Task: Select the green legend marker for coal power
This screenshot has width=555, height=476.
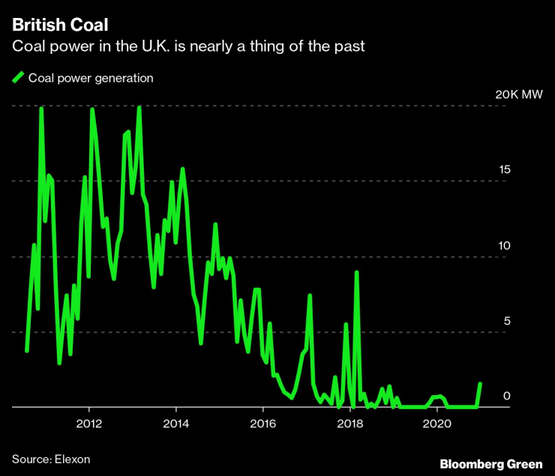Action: point(18,76)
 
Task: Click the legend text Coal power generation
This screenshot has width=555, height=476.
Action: point(90,77)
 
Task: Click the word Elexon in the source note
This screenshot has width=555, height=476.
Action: point(72,458)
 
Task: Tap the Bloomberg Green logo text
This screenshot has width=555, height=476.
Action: point(490,465)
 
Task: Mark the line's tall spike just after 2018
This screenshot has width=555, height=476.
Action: point(357,272)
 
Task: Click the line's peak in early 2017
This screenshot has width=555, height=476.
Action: point(309,295)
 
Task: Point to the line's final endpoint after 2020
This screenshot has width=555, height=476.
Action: point(480,384)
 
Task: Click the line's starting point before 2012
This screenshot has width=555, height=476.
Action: point(26,350)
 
